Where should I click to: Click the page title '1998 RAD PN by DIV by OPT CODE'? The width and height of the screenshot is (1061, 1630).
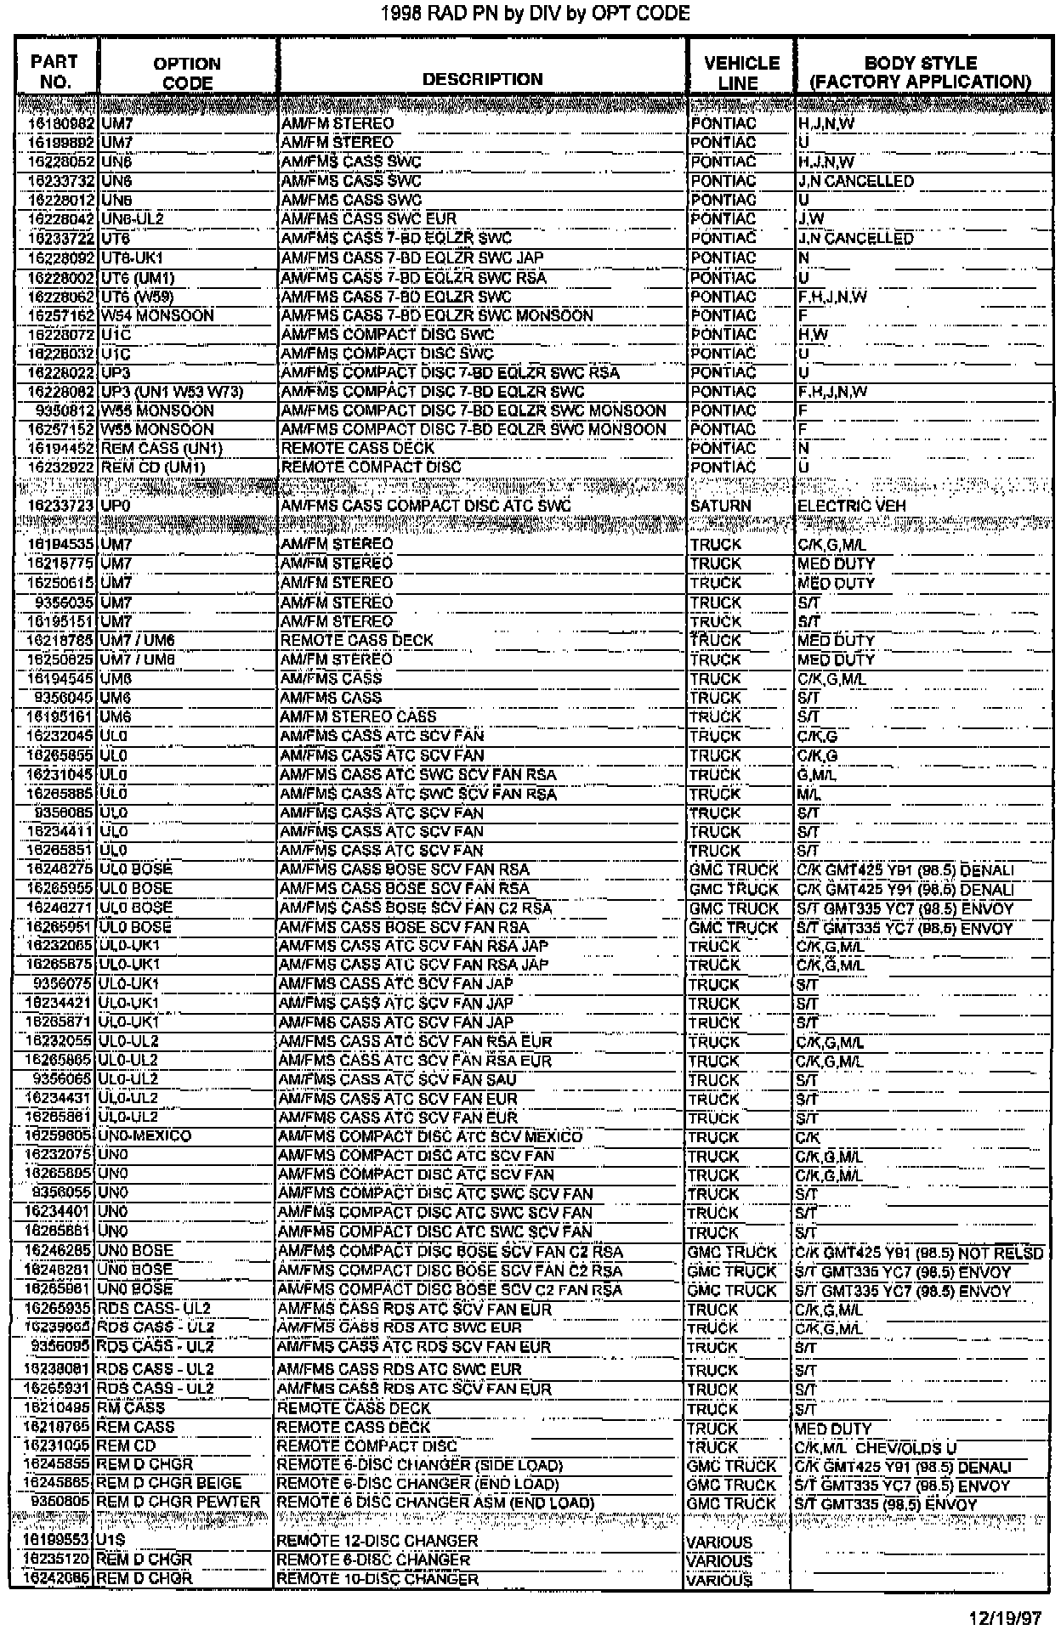click(x=535, y=14)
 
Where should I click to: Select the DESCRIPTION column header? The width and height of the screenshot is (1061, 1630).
click(x=482, y=79)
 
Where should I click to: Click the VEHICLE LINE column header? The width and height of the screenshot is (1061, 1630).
click(x=741, y=72)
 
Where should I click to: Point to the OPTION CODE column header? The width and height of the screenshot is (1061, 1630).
click(x=187, y=73)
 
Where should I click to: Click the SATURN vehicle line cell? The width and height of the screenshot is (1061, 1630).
click(x=721, y=506)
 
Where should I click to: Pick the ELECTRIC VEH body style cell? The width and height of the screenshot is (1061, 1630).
click(x=852, y=506)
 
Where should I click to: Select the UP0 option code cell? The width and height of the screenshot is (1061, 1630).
click(x=116, y=506)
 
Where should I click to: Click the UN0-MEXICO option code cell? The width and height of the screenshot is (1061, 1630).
click(x=145, y=1136)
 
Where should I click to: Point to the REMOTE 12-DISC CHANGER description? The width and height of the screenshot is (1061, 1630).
click(x=377, y=1541)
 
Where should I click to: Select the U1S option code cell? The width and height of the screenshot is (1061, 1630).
click(x=111, y=1541)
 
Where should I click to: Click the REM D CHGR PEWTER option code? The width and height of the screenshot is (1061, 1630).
click(x=178, y=1502)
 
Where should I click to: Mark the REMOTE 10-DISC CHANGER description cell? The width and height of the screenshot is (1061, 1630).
click(x=377, y=1579)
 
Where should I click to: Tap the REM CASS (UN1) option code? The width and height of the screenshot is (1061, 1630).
click(x=150, y=448)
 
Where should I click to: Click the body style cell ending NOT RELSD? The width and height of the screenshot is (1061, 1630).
click(x=919, y=1252)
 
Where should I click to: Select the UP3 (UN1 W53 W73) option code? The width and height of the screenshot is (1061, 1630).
click(x=172, y=392)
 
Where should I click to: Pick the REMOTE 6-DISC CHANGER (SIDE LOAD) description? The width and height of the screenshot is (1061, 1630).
click(x=420, y=1465)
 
